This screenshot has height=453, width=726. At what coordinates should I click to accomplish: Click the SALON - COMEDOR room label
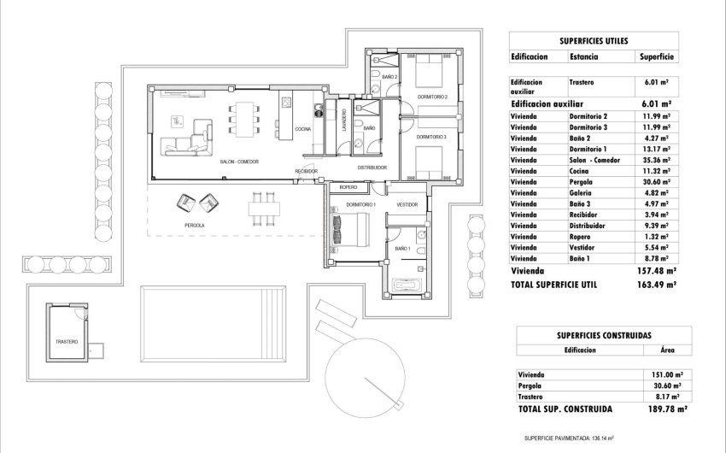coord(239,162)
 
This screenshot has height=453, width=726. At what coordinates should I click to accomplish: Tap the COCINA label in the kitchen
coord(303,128)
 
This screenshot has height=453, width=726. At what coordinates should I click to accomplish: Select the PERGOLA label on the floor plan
coord(194,225)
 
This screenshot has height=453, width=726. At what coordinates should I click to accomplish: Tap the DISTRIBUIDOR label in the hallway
coord(373,167)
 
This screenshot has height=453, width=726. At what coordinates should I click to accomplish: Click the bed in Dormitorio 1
coord(350,232)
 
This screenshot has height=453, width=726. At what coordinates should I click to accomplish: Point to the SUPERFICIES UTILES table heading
coord(594,39)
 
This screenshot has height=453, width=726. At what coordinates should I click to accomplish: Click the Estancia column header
coord(583,57)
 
